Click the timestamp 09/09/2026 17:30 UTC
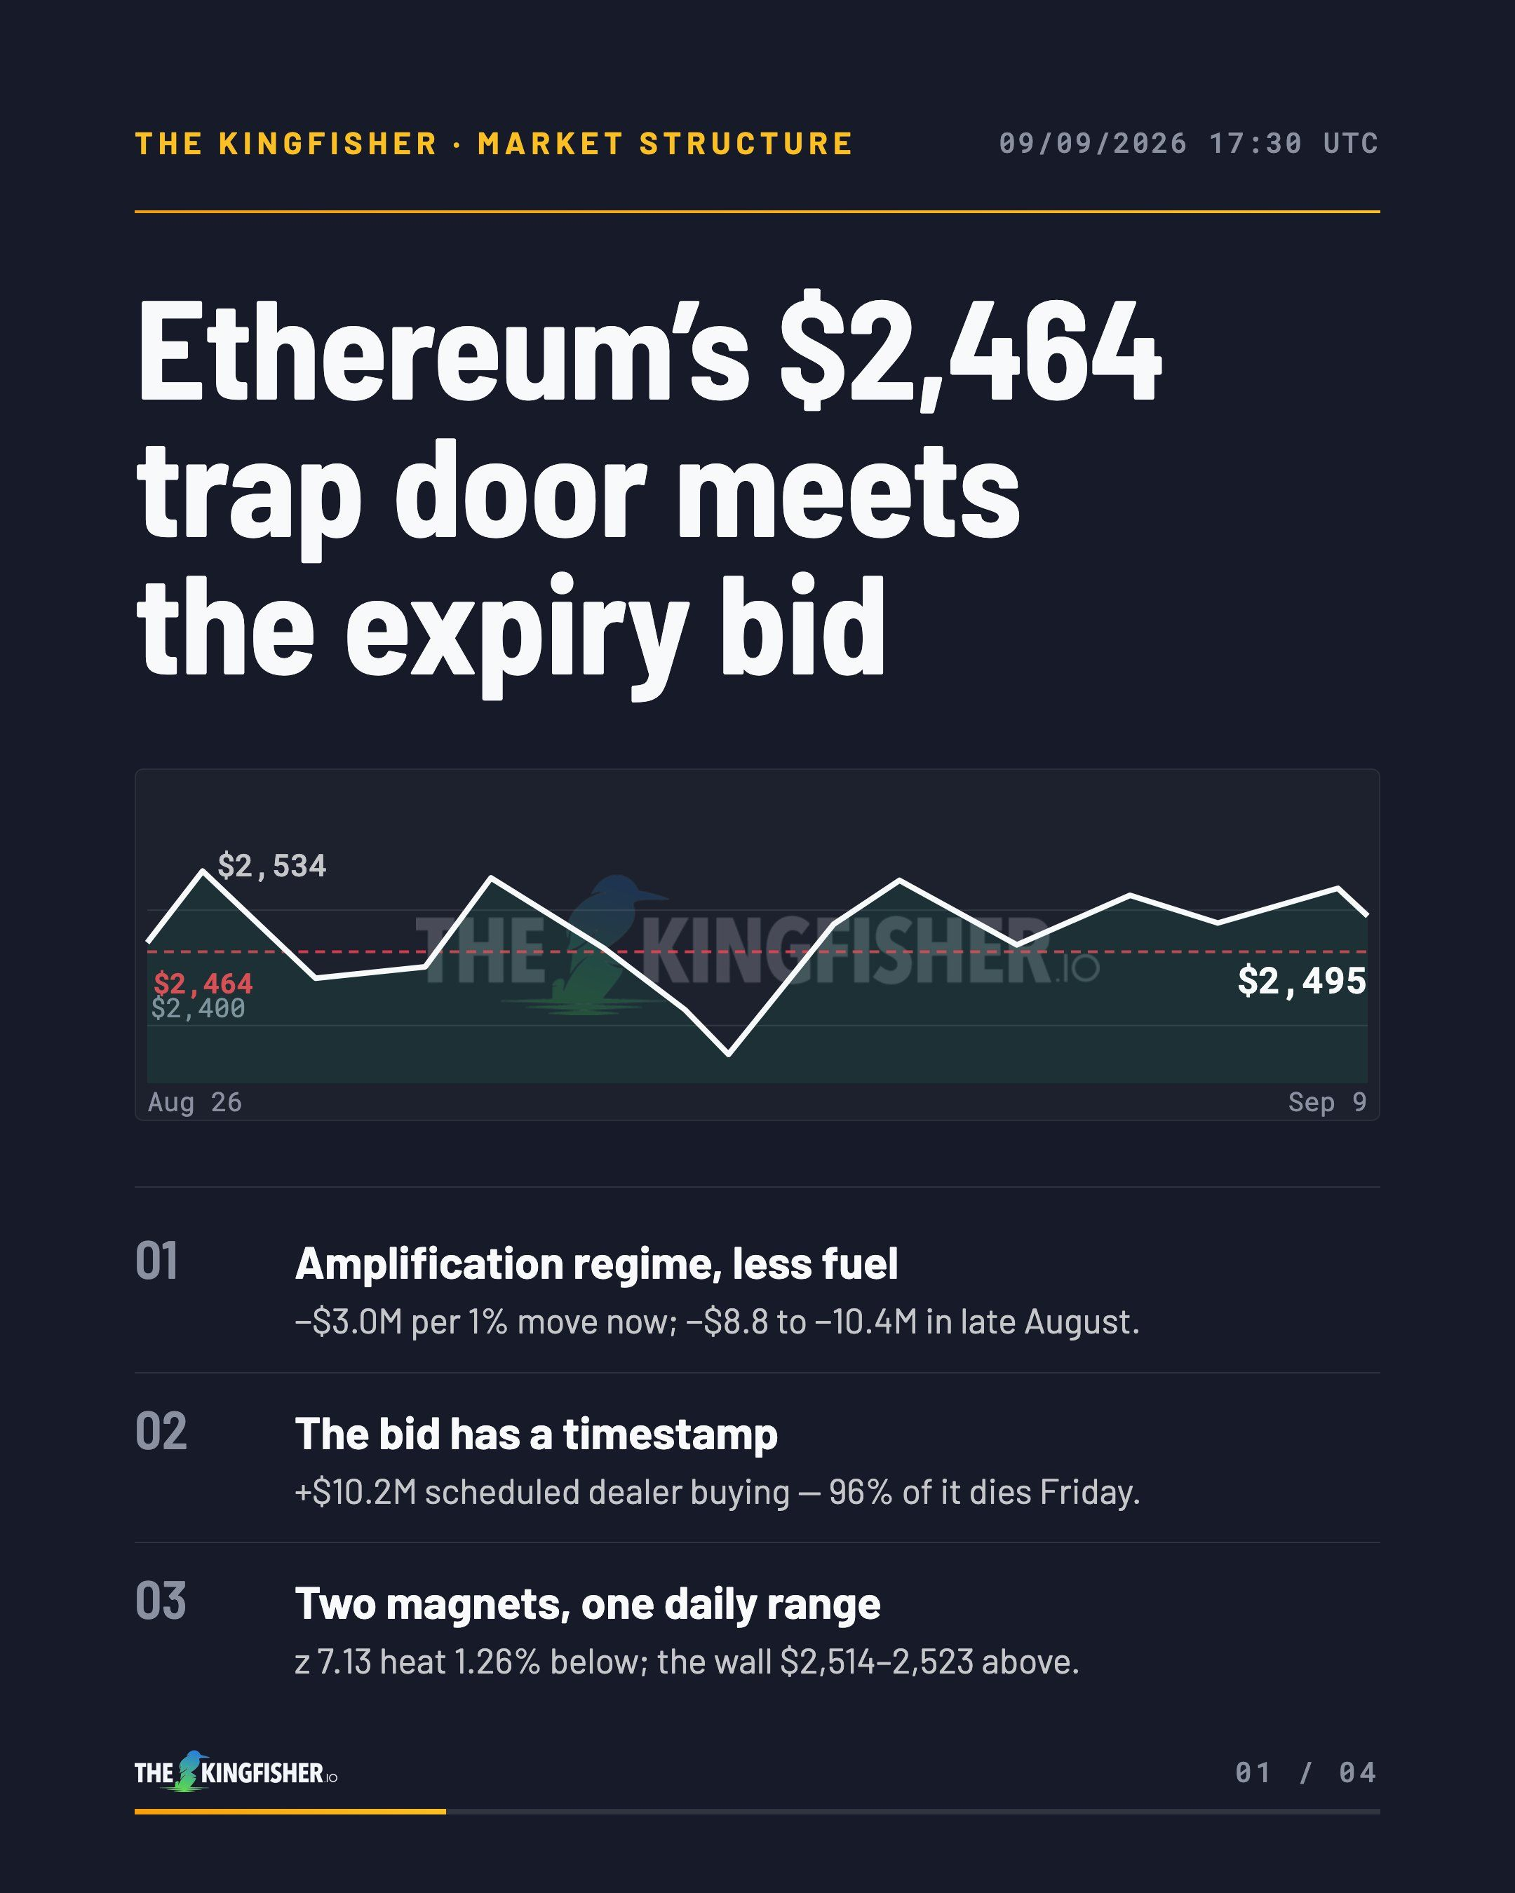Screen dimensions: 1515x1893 pyautogui.click(x=1188, y=143)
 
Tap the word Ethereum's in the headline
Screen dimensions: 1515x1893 pyautogui.click(x=443, y=351)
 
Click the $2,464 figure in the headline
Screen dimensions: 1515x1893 pyautogui.click(x=971, y=351)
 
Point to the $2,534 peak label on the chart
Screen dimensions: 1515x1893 pyautogui.click(x=271, y=866)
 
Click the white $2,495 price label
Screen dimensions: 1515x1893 pyautogui.click(x=1302, y=981)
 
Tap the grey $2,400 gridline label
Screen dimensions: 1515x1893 pyautogui.click(x=198, y=1008)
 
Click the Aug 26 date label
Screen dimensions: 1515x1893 pyautogui.click(x=195, y=1102)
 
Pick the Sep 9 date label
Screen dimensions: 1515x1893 pyautogui.click(x=1327, y=1102)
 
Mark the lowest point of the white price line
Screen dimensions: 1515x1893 pyautogui.click(x=728, y=1054)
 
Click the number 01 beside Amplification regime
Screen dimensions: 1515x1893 pyautogui.click(x=156, y=1262)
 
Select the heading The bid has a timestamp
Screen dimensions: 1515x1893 pyautogui.click(x=536, y=1434)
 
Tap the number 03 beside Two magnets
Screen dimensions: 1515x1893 pyautogui.click(x=161, y=1601)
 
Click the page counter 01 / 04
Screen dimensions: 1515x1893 pyautogui.click(x=1306, y=1772)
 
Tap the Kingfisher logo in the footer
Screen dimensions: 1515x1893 pyautogui.click(x=236, y=1771)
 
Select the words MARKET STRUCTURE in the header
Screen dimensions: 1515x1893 pyautogui.click(x=665, y=143)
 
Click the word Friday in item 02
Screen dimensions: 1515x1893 pyautogui.click(x=1089, y=1492)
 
